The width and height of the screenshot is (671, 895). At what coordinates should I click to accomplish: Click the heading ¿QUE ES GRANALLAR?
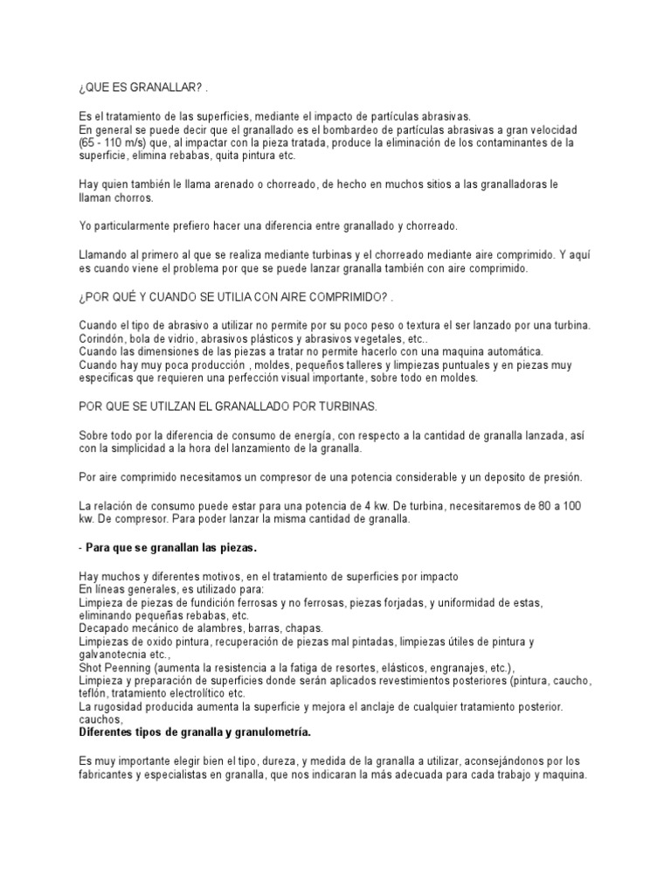[141, 91]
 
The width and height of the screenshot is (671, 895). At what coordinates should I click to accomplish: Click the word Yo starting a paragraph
[86, 225]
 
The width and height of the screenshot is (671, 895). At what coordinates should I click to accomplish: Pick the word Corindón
[102, 337]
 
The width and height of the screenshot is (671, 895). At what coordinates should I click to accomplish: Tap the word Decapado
[107, 628]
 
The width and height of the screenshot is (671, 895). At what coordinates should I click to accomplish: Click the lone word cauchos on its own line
[100, 719]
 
